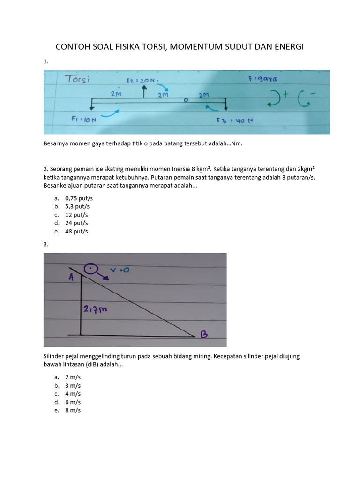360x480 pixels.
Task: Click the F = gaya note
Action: tap(263, 80)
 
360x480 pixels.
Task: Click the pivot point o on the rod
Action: tap(186, 100)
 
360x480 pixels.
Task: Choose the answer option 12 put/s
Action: tap(76, 215)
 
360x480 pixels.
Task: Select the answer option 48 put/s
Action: tap(76, 231)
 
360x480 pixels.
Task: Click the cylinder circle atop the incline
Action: tap(90, 270)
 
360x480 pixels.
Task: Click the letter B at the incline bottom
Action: tap(204, 334)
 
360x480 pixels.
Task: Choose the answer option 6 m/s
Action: tap(73, 402)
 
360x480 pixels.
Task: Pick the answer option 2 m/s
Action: tap(73, 377)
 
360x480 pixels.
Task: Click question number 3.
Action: tap(45, 244)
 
